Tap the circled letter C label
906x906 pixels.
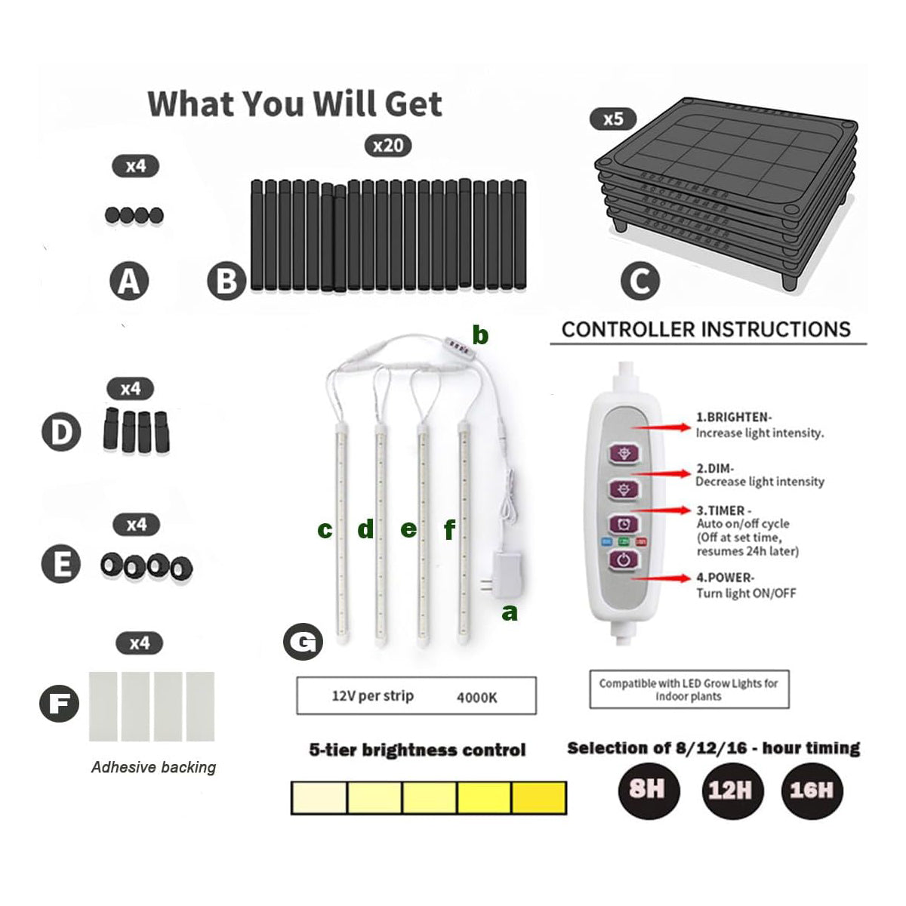click(639, 282)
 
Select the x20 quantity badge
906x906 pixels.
click(388, 145)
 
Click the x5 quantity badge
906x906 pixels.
click(613, 119)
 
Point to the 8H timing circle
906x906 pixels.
click(647, 790)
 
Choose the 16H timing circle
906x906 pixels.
click(812, 790)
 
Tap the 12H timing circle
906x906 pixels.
click(730, 790)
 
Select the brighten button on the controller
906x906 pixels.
click(624, 452)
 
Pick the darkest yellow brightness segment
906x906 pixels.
click(539, 797)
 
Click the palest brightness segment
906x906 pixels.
click(319, 797)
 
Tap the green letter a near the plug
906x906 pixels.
click(510, 612)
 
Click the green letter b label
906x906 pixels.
click(480, 334)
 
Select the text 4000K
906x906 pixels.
click(476, 698)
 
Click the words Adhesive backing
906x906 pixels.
click(153, 767)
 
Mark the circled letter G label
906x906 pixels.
click(303, 643)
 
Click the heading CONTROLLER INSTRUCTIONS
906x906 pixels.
click(706, 329)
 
